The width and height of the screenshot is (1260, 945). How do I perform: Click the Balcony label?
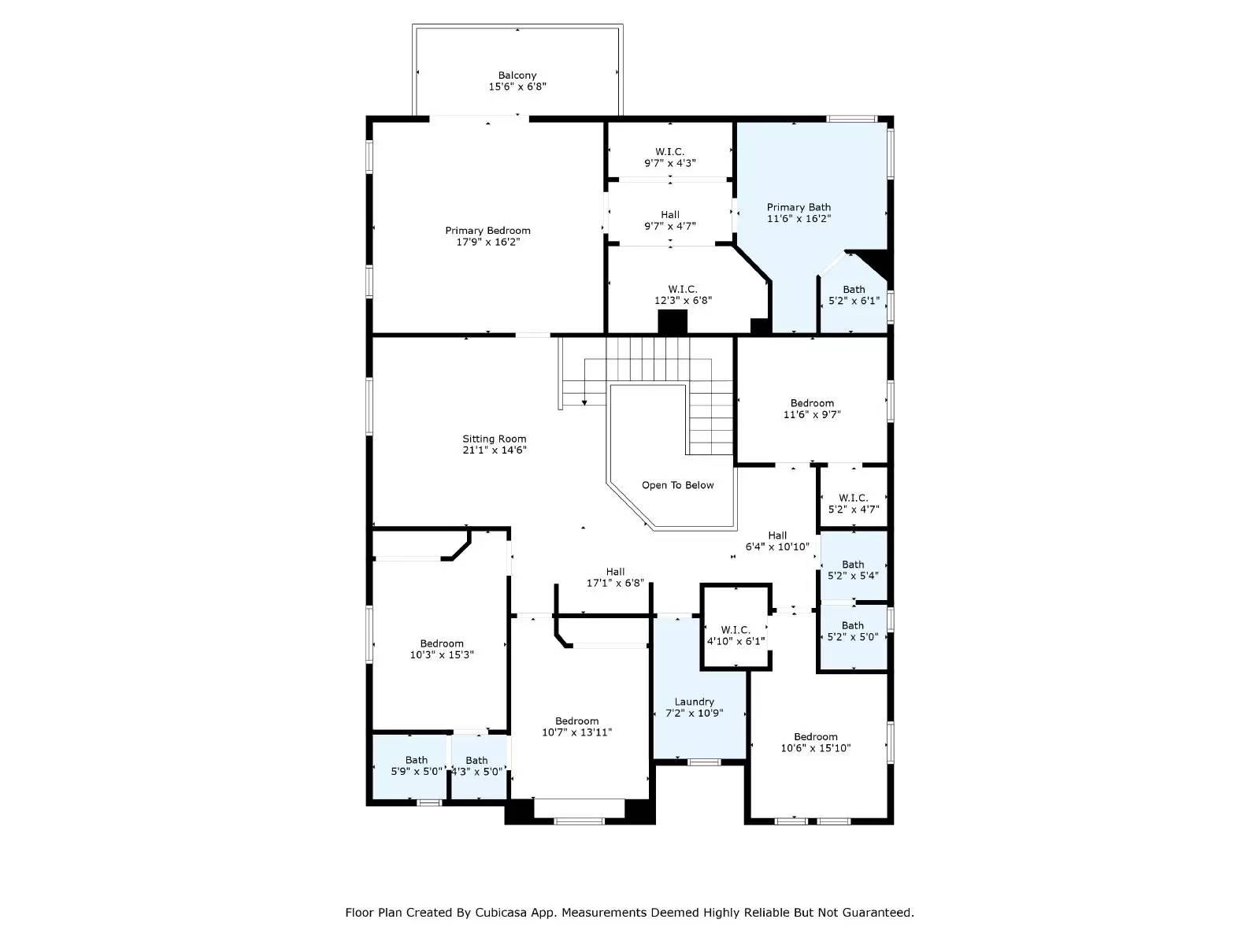[x=517, y=76]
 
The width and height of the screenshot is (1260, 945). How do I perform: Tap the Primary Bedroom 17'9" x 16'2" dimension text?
[x=487, y=243]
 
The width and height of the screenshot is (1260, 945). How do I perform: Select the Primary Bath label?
[x=799, y=207]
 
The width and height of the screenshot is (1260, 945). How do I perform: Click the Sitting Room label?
[x=495, y=439]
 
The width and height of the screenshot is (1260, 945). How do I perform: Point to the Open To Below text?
[x=677, y=485]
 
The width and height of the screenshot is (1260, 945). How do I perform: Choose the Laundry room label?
[x=695, y=702]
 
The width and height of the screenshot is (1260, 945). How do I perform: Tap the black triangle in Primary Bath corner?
[x=876, y=261]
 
